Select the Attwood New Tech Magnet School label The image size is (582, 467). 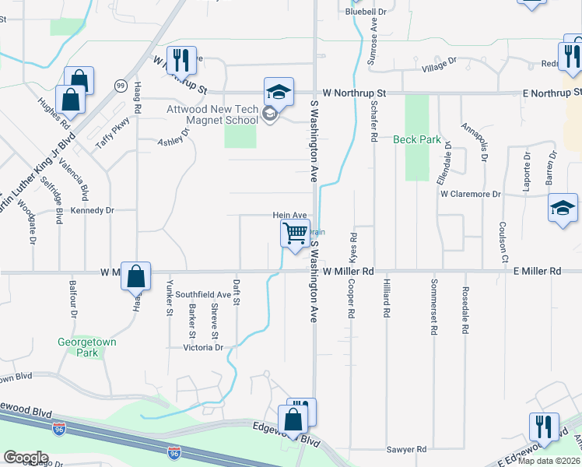pyautogui.click(x=212, y=115)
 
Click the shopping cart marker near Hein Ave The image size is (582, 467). pyautogui.click(x=295, y=233)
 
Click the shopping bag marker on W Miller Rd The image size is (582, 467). pyautogui.click(x=135, y=276)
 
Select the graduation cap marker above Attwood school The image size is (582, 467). pyautogui.click(x=279, y=93)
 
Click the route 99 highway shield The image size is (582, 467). pyautogui.click(x=121, y=85)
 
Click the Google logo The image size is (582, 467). pyautogui.click(x=26, y=458)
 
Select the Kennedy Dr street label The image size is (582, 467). pyautogui.click(x=93, y=210)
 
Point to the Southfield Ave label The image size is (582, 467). pyautogui.click(x=203, y=295)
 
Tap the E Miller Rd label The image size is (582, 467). pyautogui.click(x=537, y=271)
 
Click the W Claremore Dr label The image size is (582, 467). pyautogui.click(x=468, y=194)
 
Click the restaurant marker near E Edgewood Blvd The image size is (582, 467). pyautogui.click(x=543, y=427)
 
